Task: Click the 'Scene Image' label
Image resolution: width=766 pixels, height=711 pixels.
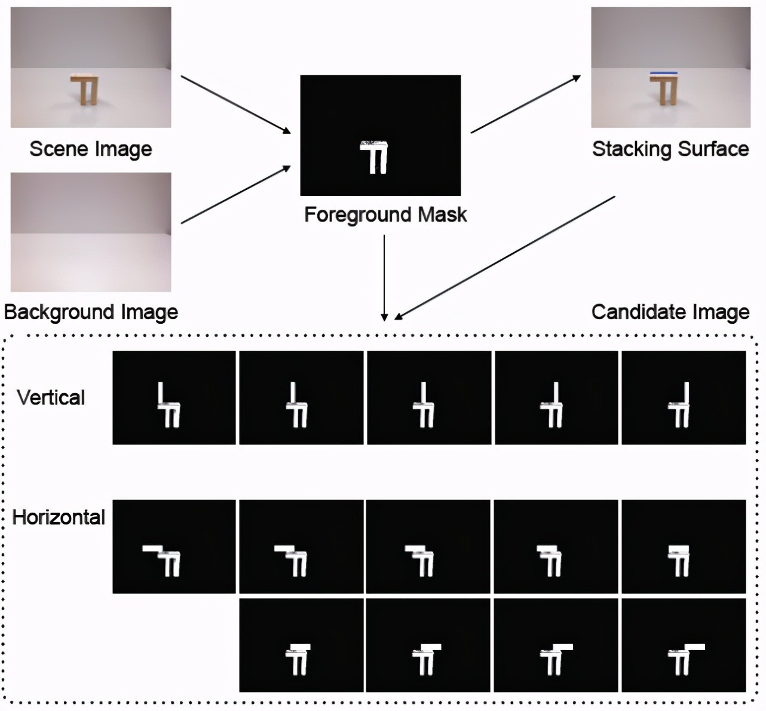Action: pyautogui.click(x=91, y=149)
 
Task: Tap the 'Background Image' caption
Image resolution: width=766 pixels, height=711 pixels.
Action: pyautogui.click(x=91, y=312)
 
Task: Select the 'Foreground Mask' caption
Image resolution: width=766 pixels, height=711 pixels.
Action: pyautogui.click(x=385, y=214)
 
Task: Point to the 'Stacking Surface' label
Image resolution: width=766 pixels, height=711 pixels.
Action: pyautogui.click(x=670, y=149)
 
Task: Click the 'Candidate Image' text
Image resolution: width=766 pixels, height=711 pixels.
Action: pyautogui.click(x=670, y=312)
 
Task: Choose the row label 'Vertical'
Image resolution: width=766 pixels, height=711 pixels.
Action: pyautogui.click(x=51, y=397)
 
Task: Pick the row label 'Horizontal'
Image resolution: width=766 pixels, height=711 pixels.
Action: pyautogui.click(x=59, y=517)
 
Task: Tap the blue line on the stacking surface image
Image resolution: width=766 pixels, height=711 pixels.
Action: pyautogui.click(x=663, y=73)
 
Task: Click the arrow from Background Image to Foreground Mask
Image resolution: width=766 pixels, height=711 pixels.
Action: pyautogui.click(x=235, y=195)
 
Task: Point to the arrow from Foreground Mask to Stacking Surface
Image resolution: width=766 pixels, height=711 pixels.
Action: pyautogui.click(x=525, y=104)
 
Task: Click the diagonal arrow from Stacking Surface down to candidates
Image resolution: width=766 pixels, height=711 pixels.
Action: pyautogui.click(x=505, y=257)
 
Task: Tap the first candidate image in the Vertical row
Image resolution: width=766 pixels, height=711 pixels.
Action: pyautogui.click(x=174, y=398)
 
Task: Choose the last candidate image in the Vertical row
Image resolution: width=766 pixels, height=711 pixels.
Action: pyautogui.click(x=684, y=398)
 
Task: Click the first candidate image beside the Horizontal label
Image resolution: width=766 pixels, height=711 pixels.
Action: pyautogui.click(x=174, y=547)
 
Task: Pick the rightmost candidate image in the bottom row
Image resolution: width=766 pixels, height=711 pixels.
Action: pyautogui.click(x=684, y=645)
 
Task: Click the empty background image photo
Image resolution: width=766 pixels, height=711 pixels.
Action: pyautogui.click(x=91, y=232)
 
